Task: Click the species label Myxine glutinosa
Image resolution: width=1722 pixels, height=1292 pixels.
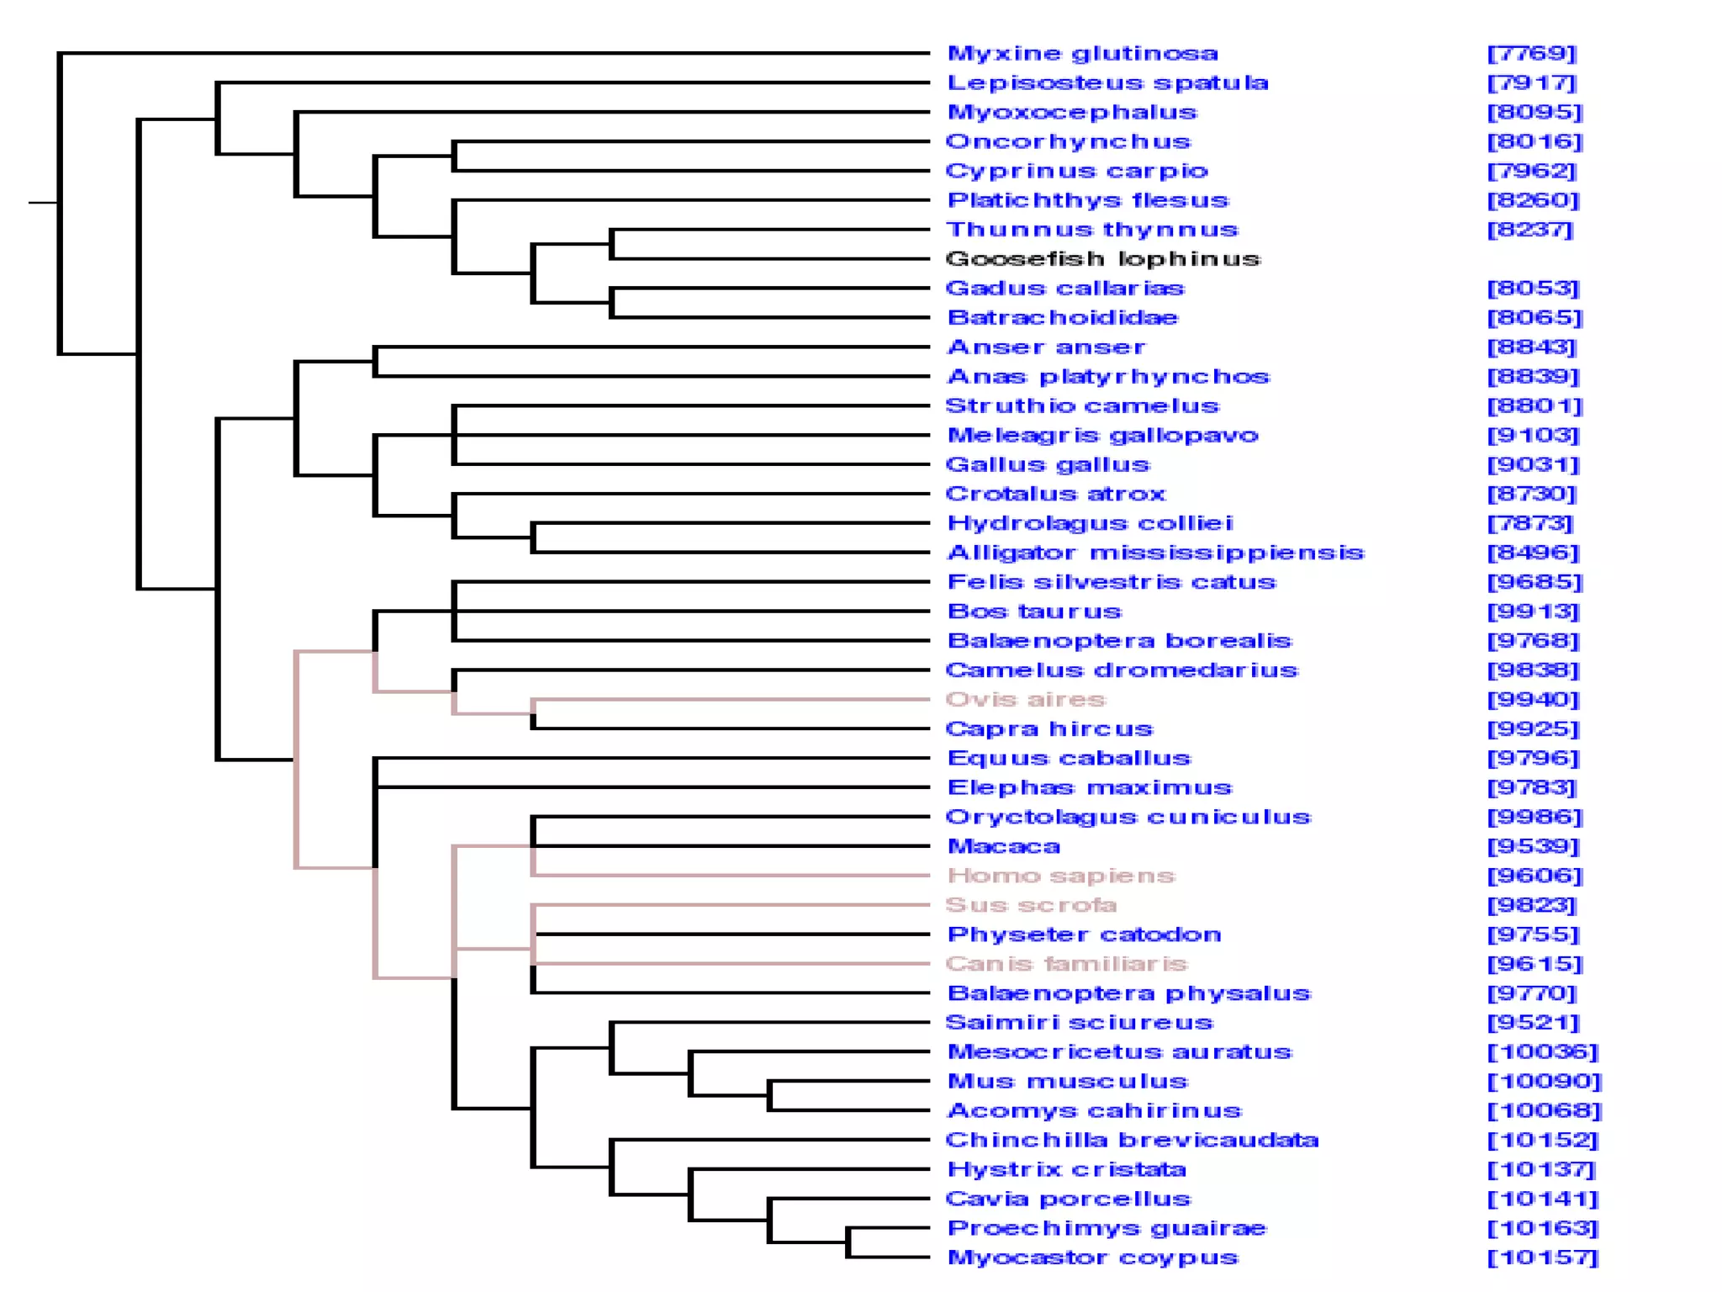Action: pyautogui.click(x=1082, y=54)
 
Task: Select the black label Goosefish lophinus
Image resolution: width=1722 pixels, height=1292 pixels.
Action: pyautogui.click(x=1102, y=259)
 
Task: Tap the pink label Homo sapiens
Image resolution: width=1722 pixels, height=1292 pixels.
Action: pyautogui.click(x=1060, y=876)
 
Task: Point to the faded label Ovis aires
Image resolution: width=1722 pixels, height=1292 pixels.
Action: pyautogui.click(x=1025, y=700)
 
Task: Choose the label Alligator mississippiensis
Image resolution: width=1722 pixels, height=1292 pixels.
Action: pyautogui.click(x=1155, y=553)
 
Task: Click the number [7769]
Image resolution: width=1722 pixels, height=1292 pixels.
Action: pyautogui.click(x=1531, y=54)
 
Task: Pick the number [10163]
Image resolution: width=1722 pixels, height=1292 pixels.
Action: pyautogui.click(x=1542, y=1228)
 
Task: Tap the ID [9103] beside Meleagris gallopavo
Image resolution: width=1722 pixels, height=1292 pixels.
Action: pyautogui.click(x=1534, y=436)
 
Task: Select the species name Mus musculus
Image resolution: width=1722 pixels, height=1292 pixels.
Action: pyautogui.click(x=1067, y=1082)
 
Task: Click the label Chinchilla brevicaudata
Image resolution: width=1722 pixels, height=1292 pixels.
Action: pyautogui.click(x=1132, y=1141)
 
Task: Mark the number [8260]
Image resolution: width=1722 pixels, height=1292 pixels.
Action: pyautogui.click(x=1534, y=200)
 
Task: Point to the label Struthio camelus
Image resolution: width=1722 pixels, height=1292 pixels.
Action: pyautogui.click(x=1082, y=406)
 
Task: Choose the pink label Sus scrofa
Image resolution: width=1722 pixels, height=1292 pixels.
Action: pyautogui.click(x=1031, y=905)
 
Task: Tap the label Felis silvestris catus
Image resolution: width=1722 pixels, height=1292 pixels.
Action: pyautogui.click(x=1111, y=582)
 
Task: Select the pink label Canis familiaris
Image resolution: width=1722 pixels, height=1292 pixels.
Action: pyautogui.click(x=1066, y=964)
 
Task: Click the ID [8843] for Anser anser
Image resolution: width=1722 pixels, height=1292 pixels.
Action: pyautogui.click(x=1531, y=347)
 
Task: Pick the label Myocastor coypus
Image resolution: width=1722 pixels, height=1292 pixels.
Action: pyautogui.click(x=1092, y=1258)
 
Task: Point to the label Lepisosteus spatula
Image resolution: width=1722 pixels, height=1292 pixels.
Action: pyautogui.click(x=1107, y=83)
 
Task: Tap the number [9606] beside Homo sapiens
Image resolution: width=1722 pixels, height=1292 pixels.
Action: pyautogui.click(x=1534, y=876)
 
